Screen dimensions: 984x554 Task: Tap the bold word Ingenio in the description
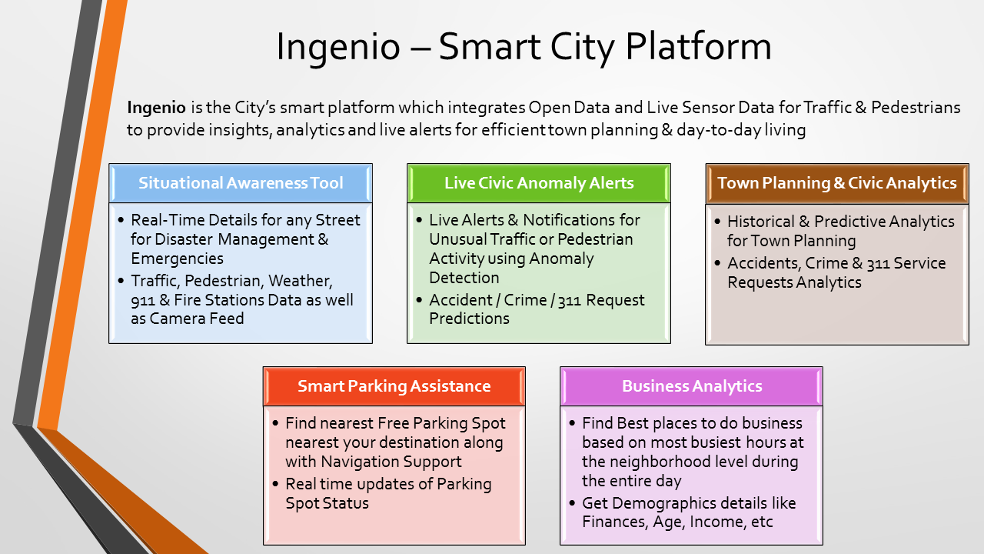point(156,108)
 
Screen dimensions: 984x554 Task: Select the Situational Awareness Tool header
point(241,183)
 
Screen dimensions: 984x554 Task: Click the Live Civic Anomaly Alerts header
point(539,183)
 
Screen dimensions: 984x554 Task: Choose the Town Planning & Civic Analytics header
point(837,183)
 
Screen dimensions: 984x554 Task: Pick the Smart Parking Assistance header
point(394,386)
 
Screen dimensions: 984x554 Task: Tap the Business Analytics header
point(691,386)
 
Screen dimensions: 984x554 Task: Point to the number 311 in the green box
point(570,301)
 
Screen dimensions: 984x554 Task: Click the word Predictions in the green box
point(469,319)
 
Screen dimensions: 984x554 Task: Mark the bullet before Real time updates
point(275,484)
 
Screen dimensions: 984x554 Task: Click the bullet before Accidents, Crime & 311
point(717,263)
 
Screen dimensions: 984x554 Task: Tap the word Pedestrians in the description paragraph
point(916,108)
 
